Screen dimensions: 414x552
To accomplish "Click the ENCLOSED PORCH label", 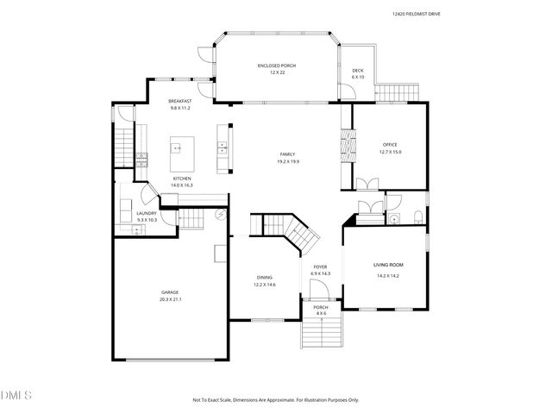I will [276, 69].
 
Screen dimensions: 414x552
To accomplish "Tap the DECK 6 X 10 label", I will [358, 74].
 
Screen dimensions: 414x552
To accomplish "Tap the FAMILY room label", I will [287, 157].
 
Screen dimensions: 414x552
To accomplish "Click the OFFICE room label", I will [392, 147].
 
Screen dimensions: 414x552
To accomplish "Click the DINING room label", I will [264, 280].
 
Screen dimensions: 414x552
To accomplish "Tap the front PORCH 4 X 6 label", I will [321, 310].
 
